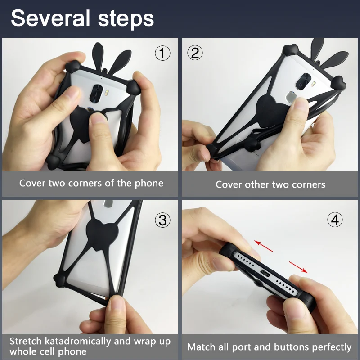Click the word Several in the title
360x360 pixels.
click(50, 18)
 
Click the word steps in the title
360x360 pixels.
click(126, 19)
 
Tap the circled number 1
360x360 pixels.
click(162, 53)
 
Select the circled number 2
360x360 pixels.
click(195, 53)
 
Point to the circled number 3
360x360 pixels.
click(162, 220)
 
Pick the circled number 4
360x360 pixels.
click(335, 220)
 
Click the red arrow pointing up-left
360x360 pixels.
click(263, 246)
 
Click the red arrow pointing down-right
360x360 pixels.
click(298, 267)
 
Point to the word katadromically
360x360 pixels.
click(78, 342)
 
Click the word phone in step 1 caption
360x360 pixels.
click(149, 184)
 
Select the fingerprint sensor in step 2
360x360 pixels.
click(290, 96)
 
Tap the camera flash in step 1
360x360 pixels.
click(107, 93)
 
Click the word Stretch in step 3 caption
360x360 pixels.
click(26, 341)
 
